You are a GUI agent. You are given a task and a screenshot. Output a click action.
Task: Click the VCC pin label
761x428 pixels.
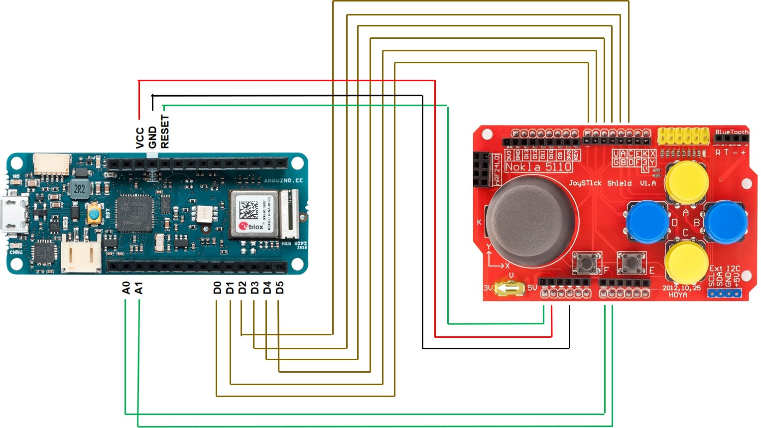[x=140, y=138]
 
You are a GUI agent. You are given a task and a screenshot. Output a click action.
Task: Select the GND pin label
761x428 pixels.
[x=152, y=137]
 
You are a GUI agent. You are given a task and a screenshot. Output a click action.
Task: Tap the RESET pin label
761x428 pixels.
[x=165, y=132]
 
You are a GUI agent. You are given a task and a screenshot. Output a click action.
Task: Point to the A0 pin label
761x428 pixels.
[x=126, y=288]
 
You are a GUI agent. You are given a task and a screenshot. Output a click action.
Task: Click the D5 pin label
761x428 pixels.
[x=279, y=288]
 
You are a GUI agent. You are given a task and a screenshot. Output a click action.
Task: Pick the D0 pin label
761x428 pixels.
[x=217, y=288]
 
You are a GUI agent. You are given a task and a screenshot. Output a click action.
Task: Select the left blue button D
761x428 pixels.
[x=647, y=222]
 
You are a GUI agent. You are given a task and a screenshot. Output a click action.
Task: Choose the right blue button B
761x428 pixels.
[x=726, y=222]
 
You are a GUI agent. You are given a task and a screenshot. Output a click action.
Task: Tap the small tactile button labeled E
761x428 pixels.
[x=631, y=263]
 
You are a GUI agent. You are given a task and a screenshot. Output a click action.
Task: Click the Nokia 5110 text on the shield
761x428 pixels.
[x=538, y=167]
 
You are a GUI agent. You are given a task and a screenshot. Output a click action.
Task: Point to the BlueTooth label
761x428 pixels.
[x=731, y=132]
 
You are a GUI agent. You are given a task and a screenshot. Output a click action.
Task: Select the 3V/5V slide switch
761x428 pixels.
[x=508, y=288]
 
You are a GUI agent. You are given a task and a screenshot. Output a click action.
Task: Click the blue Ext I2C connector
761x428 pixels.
[x=725, y=293]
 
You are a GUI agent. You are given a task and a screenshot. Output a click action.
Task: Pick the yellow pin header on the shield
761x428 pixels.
[x=683, y=136]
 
